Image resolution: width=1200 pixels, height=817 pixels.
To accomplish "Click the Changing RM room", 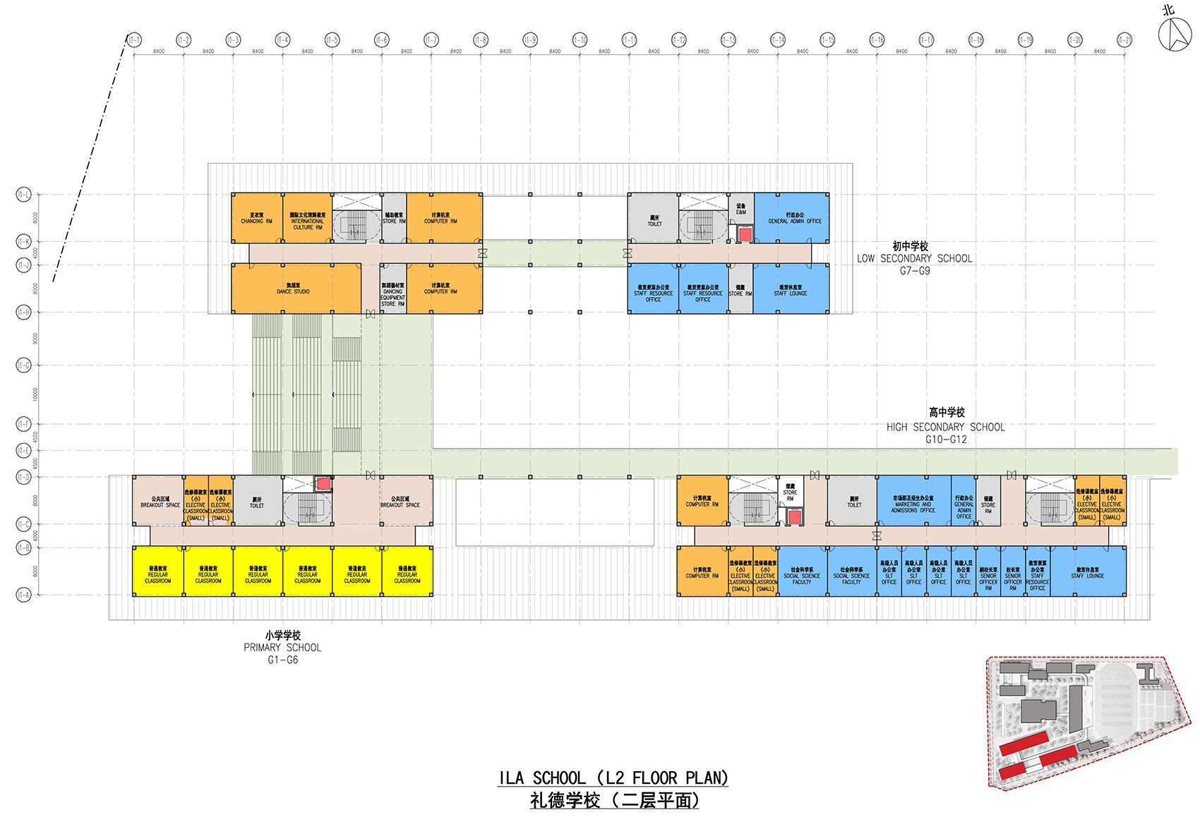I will tap(256, 218).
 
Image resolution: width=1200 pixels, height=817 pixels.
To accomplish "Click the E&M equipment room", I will tap(740, 210).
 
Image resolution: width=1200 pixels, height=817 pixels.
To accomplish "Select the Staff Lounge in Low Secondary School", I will tap(791, 289).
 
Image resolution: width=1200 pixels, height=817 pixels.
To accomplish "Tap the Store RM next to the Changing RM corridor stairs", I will tap(394, 218).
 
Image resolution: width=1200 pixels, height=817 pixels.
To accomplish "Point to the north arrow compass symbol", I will tap(1175, 32).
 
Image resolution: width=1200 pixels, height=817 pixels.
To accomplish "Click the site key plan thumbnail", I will tap(1087, 722).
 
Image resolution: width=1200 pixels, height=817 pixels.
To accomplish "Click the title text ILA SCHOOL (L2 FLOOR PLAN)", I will tap(613, 777).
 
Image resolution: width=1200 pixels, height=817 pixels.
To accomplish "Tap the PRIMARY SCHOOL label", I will tap(282, 647).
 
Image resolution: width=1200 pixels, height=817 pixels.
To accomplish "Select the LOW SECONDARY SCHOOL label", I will tap(914, 258).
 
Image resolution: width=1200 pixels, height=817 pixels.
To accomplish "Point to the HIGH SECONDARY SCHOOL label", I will tap(946, 426).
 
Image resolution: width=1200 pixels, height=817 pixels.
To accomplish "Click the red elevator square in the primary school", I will tap(323, 483).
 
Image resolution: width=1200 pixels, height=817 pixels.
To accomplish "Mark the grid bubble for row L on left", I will tap(23, 194).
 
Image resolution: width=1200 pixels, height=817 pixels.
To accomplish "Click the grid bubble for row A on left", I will tap(23, 595).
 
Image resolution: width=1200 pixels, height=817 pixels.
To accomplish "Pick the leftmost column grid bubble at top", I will tap(133, 40).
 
